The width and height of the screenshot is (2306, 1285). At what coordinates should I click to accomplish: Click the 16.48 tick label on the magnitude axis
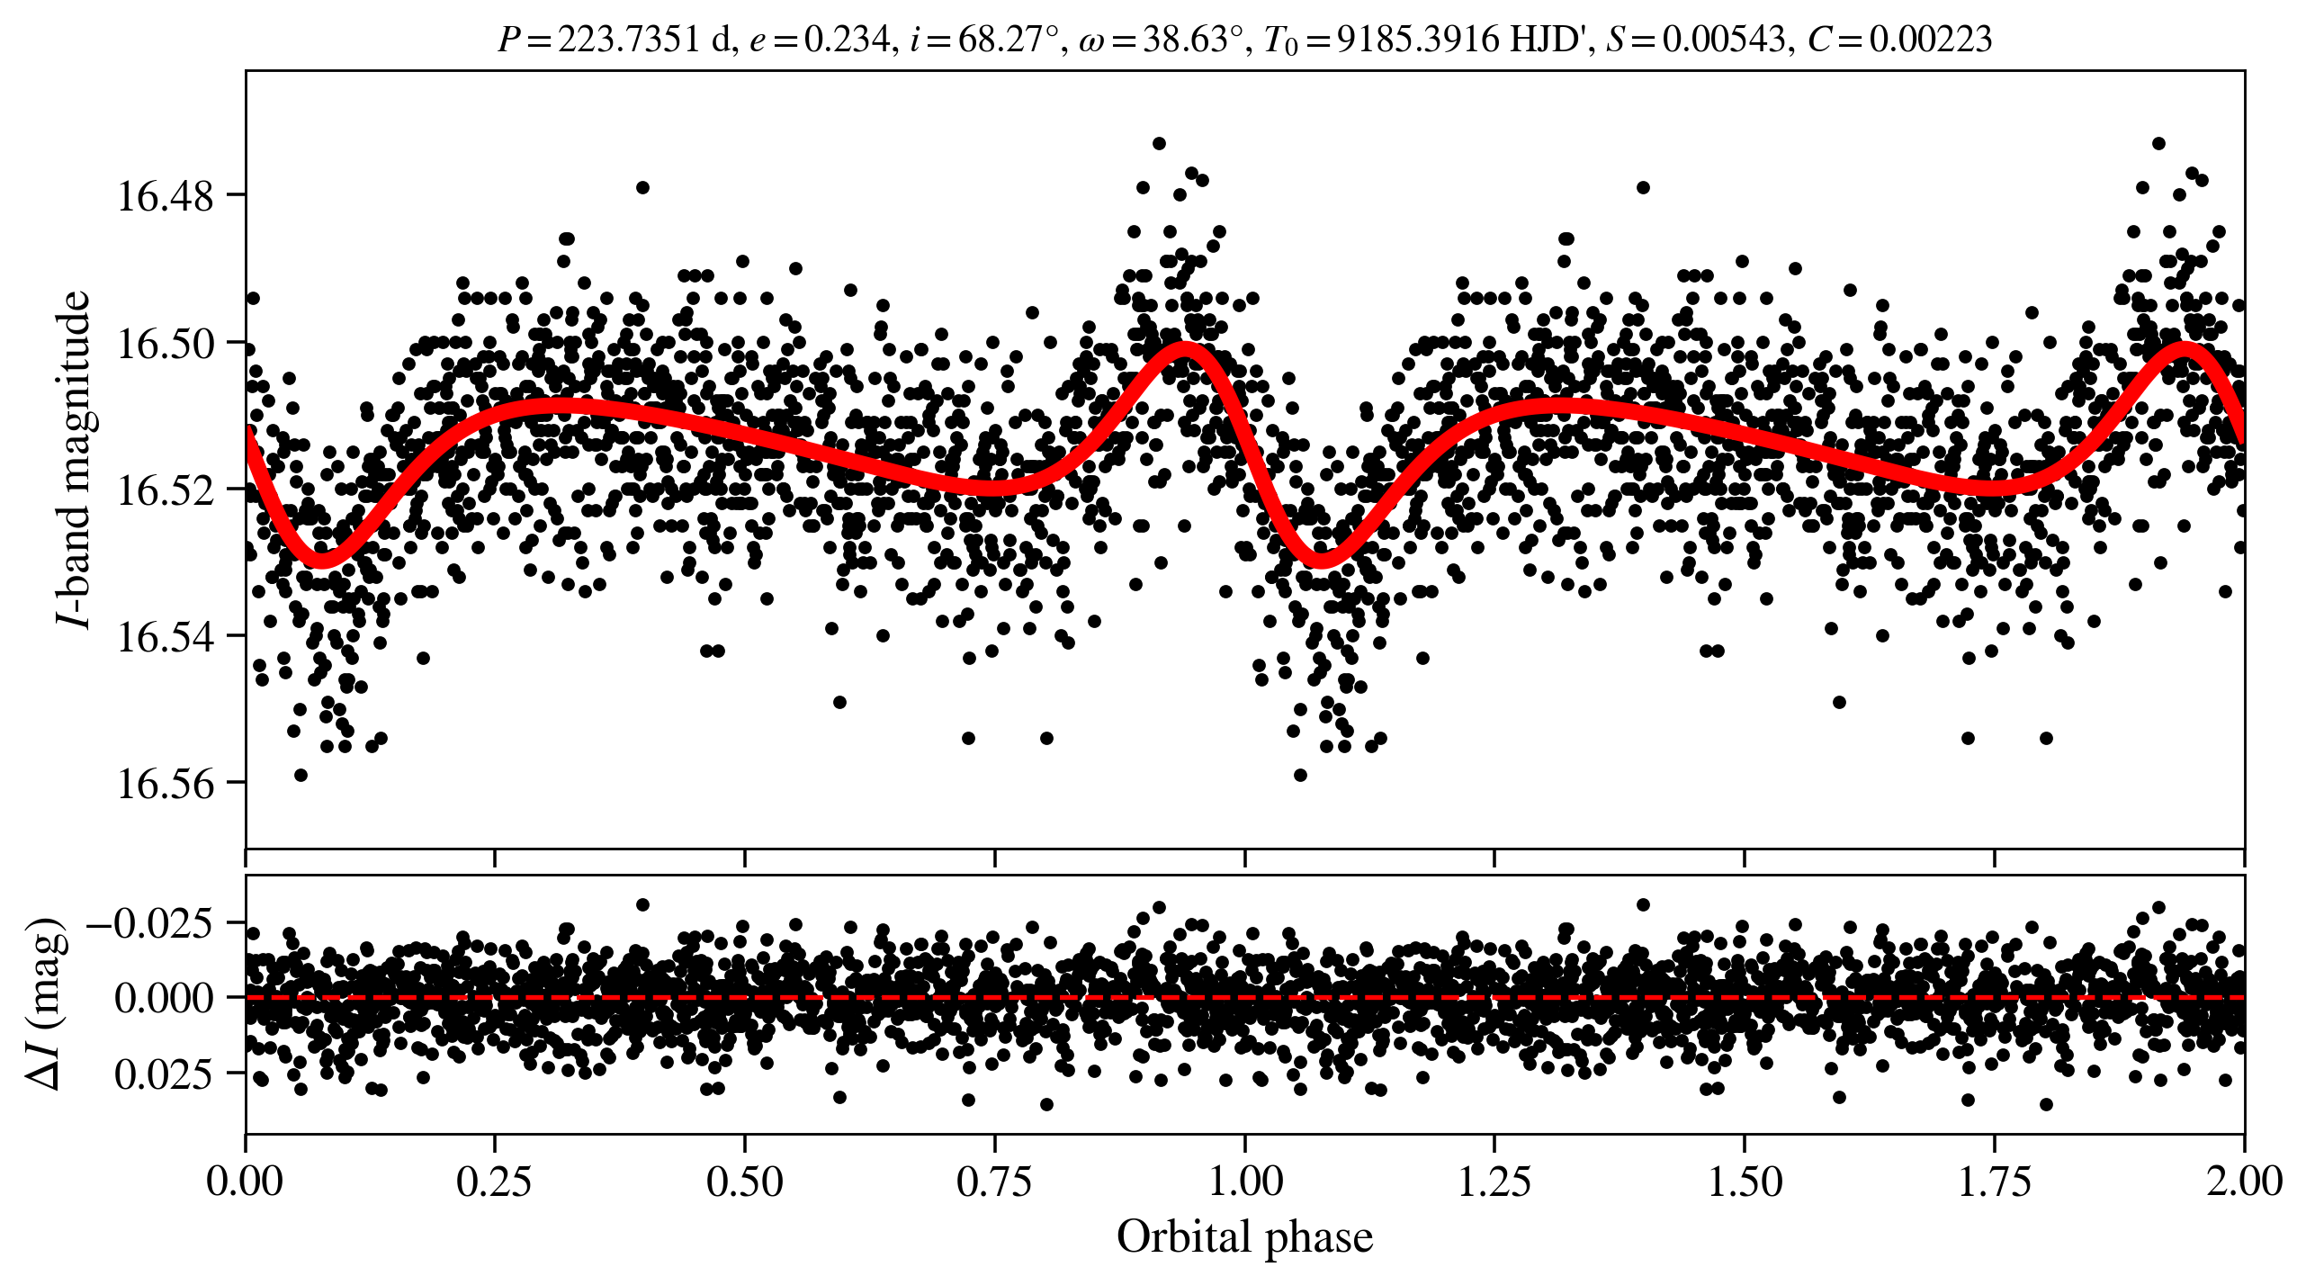click(x=166, y=196)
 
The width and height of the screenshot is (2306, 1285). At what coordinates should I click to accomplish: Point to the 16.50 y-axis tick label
click(x=166, y=344)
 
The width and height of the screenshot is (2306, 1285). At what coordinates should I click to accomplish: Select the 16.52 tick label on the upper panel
click(x=166, y=490)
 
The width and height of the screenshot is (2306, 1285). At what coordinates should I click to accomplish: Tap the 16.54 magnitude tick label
click(x=166, y=637)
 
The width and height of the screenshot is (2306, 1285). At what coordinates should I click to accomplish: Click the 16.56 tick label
click(x=166, y=784)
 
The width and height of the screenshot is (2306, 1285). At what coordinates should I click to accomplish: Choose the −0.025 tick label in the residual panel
click(x=149, y=923)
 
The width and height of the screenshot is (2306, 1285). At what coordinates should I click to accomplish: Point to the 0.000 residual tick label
click(x=164, y=998)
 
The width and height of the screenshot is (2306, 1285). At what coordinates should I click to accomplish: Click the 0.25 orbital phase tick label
click(x=495, y=1182)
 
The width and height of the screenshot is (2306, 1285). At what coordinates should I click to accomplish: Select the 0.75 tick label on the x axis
click(x=995, y=1182)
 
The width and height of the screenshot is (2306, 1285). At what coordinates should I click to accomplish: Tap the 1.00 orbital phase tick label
click(x=1245, y=1182)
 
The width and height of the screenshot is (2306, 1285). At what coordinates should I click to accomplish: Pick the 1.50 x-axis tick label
click(x=1745, y=1182)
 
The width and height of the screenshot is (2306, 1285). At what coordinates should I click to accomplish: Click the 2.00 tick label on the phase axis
click(x=2244, y=1182)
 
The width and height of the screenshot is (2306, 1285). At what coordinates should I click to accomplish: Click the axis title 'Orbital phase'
click(x=1245, y=1237)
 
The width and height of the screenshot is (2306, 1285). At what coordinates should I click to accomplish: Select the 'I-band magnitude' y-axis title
click(x=74, y=459)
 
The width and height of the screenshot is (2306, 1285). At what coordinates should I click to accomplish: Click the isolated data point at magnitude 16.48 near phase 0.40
click(x=642, y=187)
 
